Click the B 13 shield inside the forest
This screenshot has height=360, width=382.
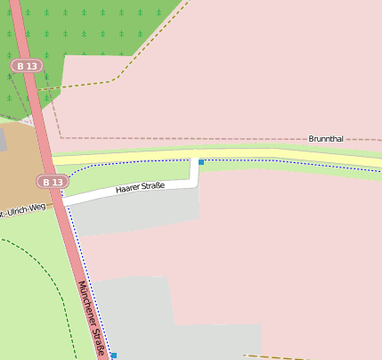26,66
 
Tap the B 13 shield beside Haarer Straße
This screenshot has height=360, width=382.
52,182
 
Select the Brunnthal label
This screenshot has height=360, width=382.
326,139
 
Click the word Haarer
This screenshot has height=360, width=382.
129,190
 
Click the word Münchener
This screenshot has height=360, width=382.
87,303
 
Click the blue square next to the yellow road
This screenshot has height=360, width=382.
201,162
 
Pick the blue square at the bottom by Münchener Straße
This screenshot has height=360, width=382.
113,356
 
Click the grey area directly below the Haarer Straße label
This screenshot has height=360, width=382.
134,214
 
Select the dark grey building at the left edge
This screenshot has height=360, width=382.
3,139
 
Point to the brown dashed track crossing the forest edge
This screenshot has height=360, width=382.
80,86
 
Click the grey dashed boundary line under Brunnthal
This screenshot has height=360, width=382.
223,139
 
